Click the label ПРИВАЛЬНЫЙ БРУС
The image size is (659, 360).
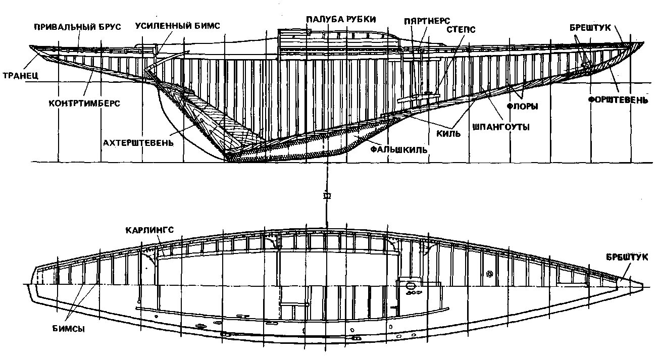77,27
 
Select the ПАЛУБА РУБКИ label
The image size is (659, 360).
341,20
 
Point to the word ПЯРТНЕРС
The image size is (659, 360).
427,21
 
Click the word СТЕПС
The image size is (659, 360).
461,30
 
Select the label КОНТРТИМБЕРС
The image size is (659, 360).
84,103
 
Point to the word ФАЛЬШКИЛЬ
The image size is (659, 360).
398,150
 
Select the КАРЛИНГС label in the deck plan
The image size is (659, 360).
150,230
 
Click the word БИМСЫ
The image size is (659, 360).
68,329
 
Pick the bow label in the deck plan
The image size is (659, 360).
627,257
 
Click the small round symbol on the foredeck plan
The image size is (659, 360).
489,274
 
